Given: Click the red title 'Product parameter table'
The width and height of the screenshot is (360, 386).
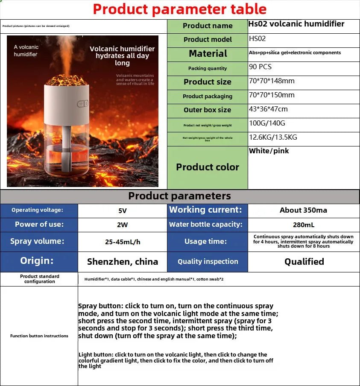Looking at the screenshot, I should click(180, 9).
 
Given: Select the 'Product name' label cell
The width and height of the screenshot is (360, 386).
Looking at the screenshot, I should click(208, 26).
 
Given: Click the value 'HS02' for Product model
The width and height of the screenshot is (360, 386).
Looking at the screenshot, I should click(258, 39).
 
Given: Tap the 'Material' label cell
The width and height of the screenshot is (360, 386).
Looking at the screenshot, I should click(208, 54).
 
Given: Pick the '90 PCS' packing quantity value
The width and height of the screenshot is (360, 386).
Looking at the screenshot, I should click(260, 67).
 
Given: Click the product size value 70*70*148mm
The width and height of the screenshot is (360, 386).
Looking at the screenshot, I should click(272, 81).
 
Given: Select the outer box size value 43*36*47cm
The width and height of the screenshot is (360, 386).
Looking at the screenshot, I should click(268, 109).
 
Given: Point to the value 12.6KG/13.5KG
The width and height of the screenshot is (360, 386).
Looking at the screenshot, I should click(273, 137).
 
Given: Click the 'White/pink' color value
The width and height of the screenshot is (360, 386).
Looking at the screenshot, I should click(269, 151).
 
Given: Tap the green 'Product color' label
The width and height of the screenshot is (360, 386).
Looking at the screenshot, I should click(208, 167).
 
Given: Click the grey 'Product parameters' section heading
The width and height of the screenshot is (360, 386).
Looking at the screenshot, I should click(180, 196).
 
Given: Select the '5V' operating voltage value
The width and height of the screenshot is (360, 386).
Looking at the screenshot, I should click(122, 211).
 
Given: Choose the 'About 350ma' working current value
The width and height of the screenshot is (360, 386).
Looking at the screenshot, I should click(303, 211).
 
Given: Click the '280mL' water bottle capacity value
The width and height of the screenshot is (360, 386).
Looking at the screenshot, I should click(304, 225).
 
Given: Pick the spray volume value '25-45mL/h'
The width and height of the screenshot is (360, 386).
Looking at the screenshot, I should click(123, 242).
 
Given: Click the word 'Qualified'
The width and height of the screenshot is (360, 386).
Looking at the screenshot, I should click(304, 262).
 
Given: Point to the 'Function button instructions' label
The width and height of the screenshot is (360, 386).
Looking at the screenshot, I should click(39, 336).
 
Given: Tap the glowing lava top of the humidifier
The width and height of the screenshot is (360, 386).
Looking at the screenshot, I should click(67, 80).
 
